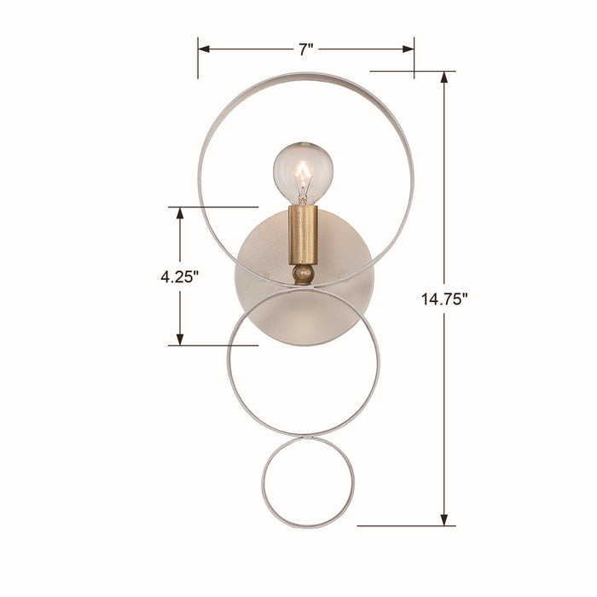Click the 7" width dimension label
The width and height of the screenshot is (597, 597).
coord(305,49)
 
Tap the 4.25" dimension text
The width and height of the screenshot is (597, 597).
coord(178,276)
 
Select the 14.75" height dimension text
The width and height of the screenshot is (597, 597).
coord(444,298)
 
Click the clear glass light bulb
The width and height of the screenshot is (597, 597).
coord(303,171)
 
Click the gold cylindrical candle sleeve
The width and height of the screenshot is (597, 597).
coord(303,234)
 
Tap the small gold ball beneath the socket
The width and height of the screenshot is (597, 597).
coord(303,274)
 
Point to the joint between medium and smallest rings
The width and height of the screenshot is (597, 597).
coord(307,437)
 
